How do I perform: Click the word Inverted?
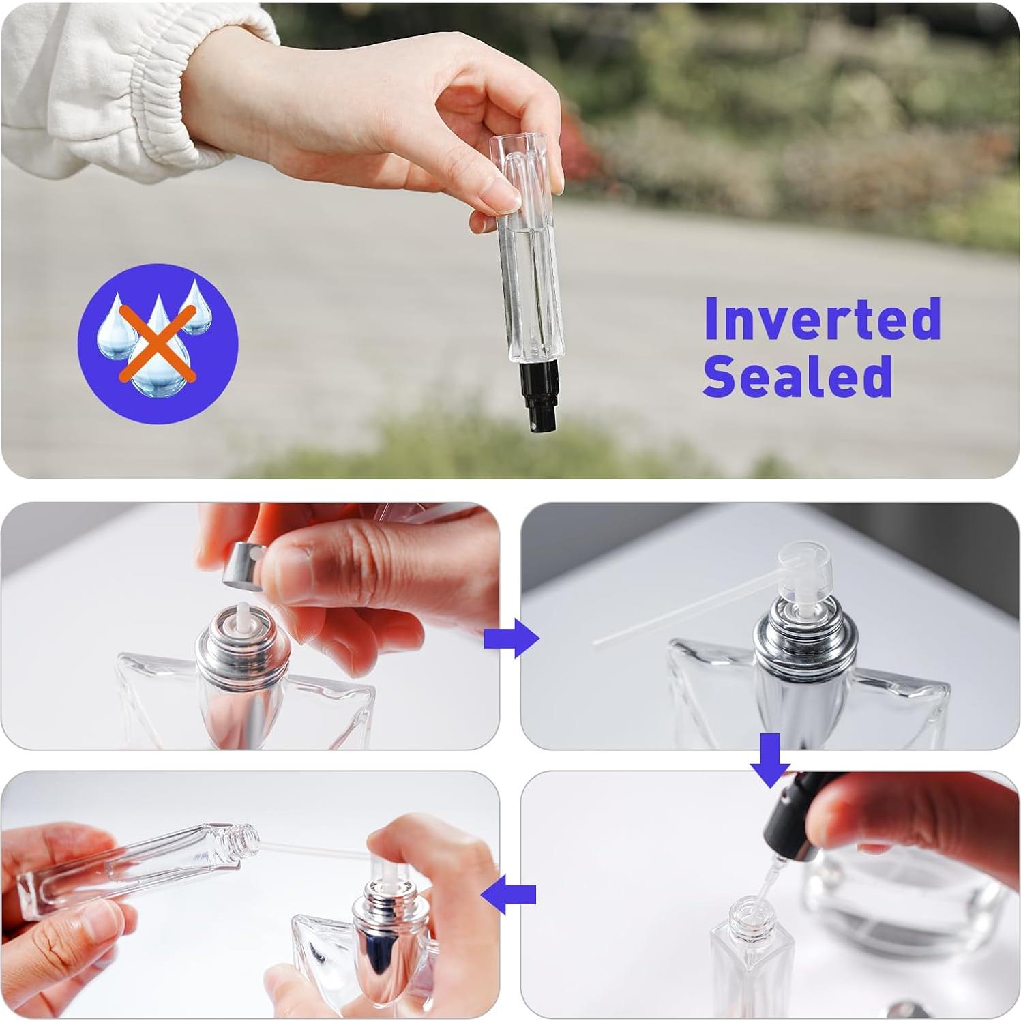click(822, 319)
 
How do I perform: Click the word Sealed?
click(797, 376)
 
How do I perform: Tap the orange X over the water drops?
click(158, 343)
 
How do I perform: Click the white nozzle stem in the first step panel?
click(241, 615)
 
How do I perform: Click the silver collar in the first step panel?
click(243, 655)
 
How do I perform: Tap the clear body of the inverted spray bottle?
click(529, 273)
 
